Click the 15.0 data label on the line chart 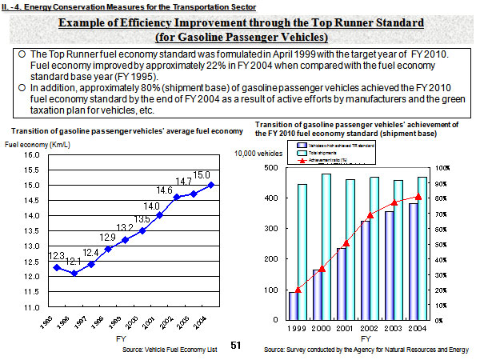(202, 175)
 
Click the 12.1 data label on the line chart (74, 262)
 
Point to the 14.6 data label (165, 190)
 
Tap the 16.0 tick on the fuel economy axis (30, 155)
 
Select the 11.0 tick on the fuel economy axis (30, 307)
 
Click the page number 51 (235, 345)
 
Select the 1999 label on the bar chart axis (297, 328)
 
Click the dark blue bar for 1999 (293, 305)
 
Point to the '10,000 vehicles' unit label (258, 152)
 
